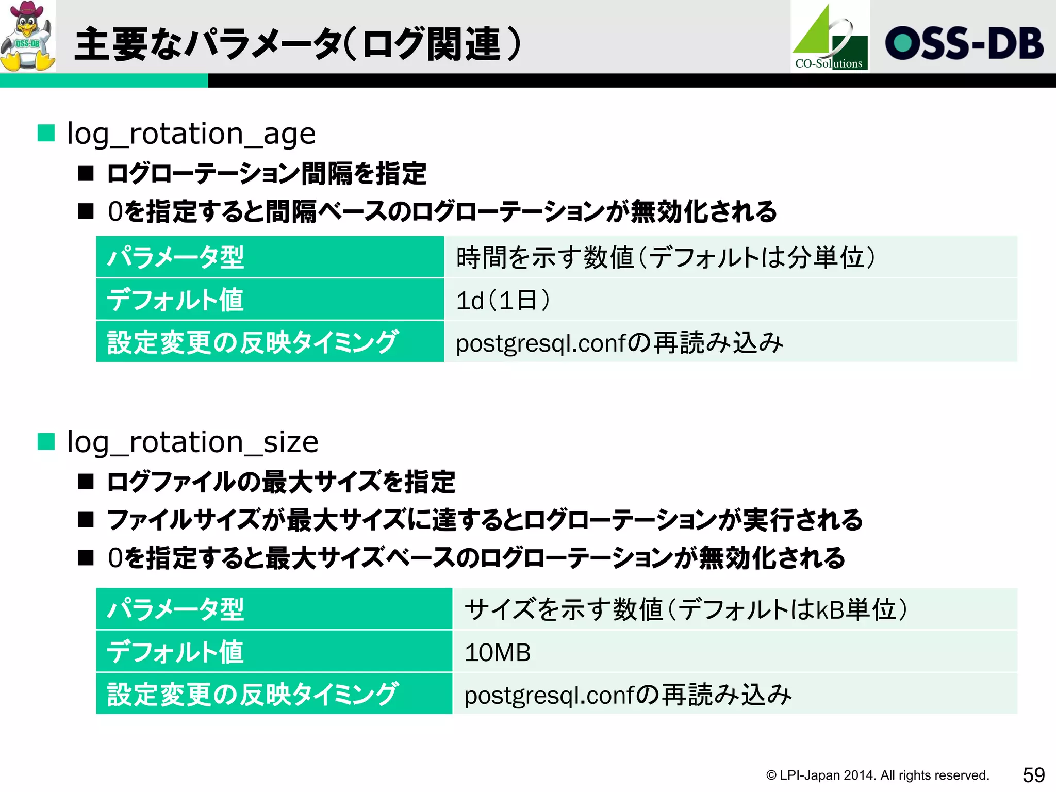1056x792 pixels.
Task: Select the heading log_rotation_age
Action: tap(191, 134)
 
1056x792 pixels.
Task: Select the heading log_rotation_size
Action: tap(193, 442)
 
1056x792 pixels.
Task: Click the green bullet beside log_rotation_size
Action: tap(46, 441)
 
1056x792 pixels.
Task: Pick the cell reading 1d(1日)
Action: tap(503, 300)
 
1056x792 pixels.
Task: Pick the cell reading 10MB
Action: tap(498, 652)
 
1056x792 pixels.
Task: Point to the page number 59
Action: tap(1033, 775)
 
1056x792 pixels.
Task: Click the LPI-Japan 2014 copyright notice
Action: tap(877, 775)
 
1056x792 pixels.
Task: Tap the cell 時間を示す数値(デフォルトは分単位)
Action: tap(665, 257)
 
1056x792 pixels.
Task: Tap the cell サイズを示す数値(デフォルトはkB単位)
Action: tap(686, 609)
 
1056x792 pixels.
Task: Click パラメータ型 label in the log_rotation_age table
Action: tap(175, 257)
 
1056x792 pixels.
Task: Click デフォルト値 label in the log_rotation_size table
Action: tap(175, 652)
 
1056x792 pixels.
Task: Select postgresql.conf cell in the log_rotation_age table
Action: tap(619, 343)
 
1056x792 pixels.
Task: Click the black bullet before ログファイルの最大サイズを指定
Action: tap(86, 482)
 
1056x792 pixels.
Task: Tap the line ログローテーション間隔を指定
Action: tap(267, 173)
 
